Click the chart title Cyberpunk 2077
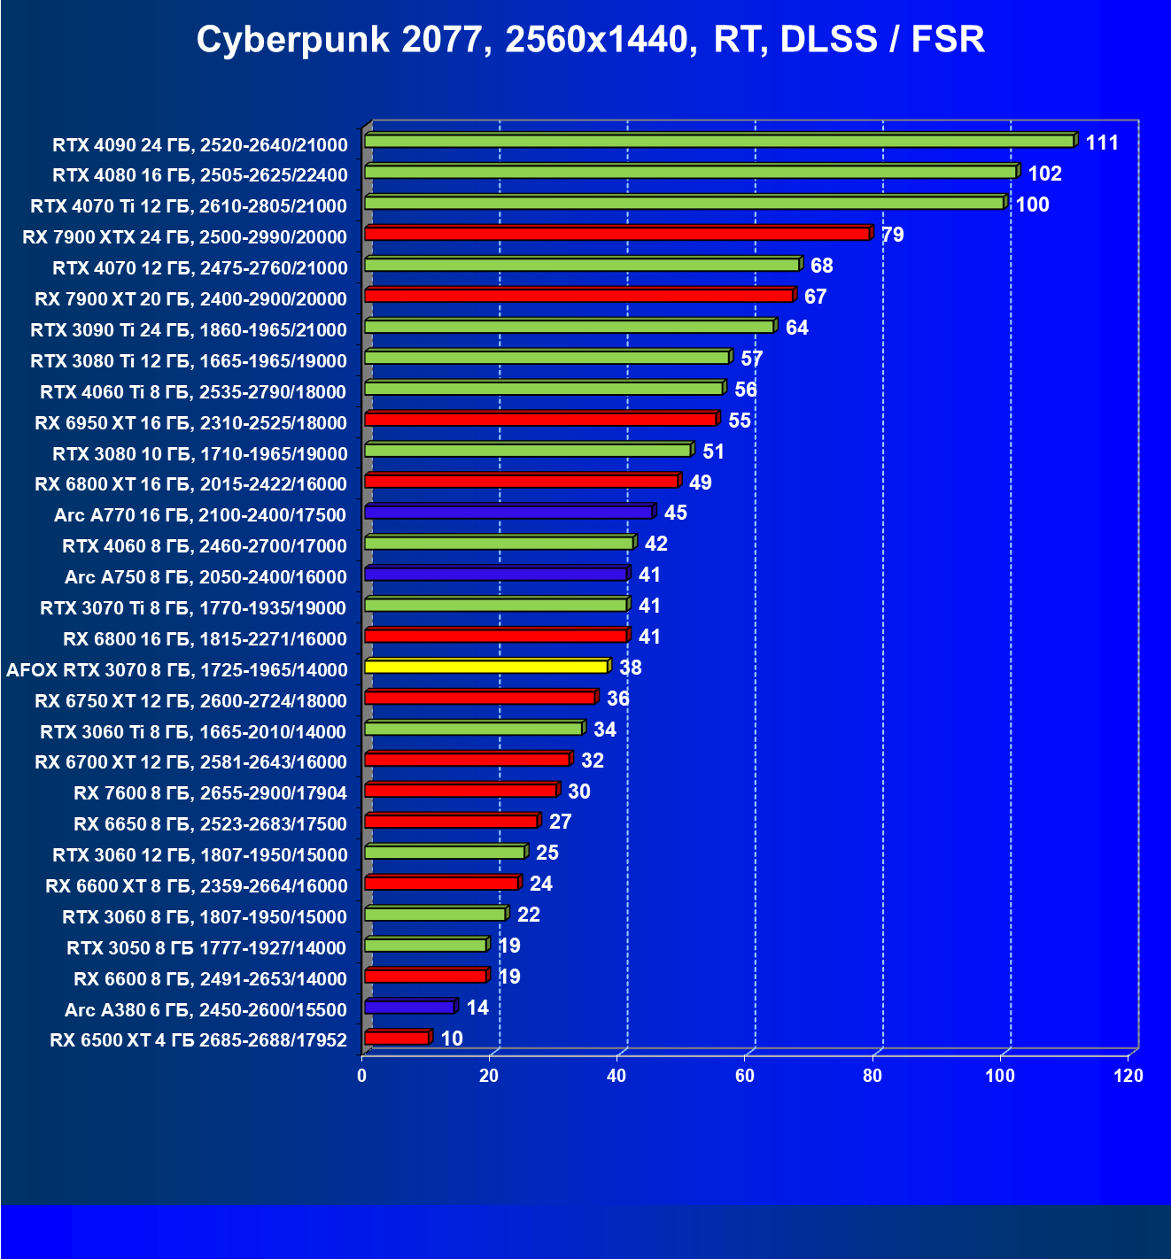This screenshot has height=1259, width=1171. [590, 40]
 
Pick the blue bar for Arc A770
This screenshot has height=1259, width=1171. [508, 512]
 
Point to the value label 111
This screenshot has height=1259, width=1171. [1102, 143]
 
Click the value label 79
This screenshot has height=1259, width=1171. [892, 235]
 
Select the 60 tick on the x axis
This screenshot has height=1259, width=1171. [745, 1076]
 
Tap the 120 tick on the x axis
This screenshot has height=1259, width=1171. [1128, 1076]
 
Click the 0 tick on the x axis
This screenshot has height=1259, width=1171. [361, 1076]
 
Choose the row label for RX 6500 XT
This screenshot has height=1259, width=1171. [198, 1039]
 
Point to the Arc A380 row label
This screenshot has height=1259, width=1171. [206, 1009]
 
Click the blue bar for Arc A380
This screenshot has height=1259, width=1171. [409, 1007]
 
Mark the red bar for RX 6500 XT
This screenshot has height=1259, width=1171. [396, 1038]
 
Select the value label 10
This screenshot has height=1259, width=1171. [452, 1039]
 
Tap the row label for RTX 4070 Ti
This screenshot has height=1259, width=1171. [189, 206]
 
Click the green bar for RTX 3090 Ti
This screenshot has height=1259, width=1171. [569, 327]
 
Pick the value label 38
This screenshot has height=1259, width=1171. [631, 668]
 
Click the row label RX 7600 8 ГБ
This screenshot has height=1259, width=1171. [211, 792]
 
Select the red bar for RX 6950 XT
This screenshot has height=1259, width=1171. [540, 419]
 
